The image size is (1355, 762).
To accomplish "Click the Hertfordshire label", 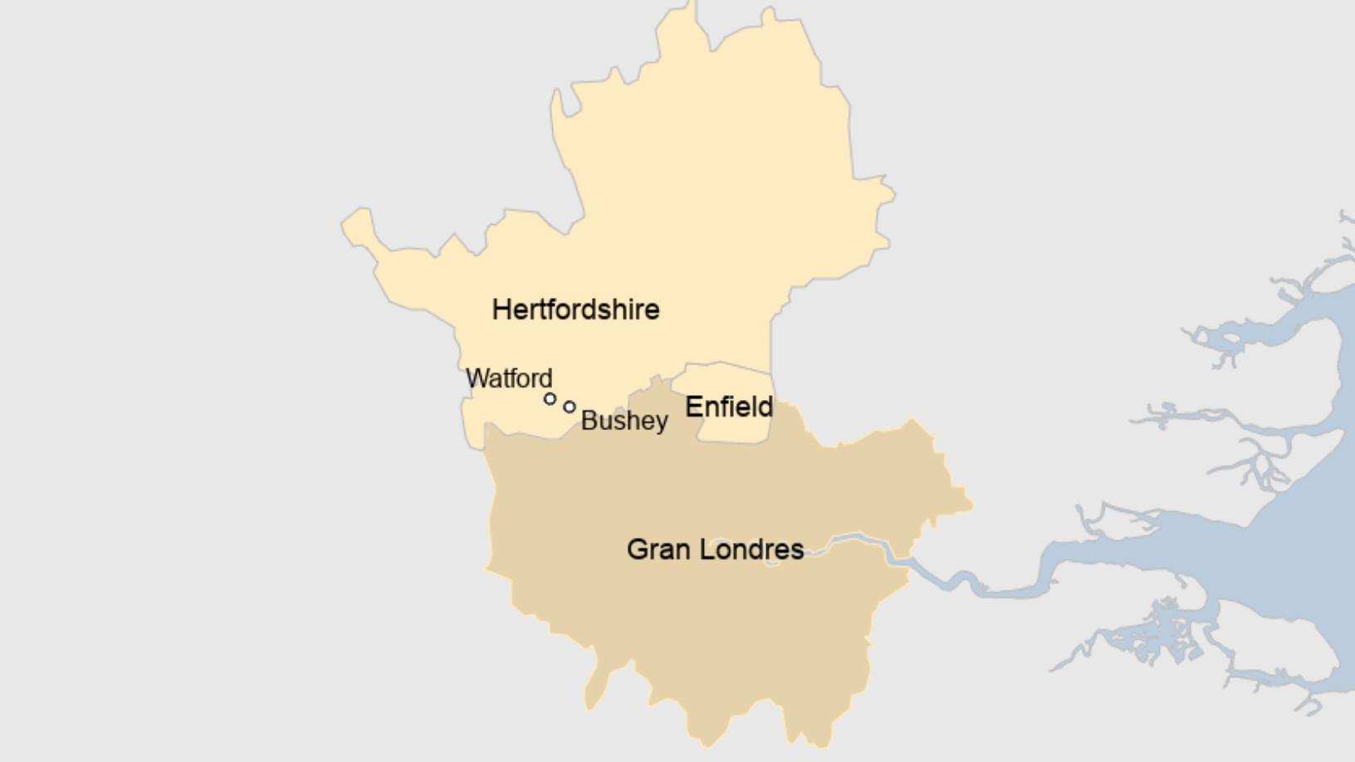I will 575,310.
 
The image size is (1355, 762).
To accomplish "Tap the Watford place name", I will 509,379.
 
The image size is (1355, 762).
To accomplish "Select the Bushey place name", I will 624,421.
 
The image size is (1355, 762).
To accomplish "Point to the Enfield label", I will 729,407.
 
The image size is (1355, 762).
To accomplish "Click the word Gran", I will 659,550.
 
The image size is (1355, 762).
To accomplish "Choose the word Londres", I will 752,550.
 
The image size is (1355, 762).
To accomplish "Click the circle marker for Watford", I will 550,399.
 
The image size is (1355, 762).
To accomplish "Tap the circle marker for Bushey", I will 570,407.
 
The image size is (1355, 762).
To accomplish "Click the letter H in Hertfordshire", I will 501,310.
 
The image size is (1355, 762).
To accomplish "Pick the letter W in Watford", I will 477,379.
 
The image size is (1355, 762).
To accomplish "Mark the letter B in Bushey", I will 589,421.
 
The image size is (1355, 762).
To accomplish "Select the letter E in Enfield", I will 692,407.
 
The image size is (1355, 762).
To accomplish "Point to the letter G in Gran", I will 637,550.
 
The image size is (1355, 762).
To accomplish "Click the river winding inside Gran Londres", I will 863,543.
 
